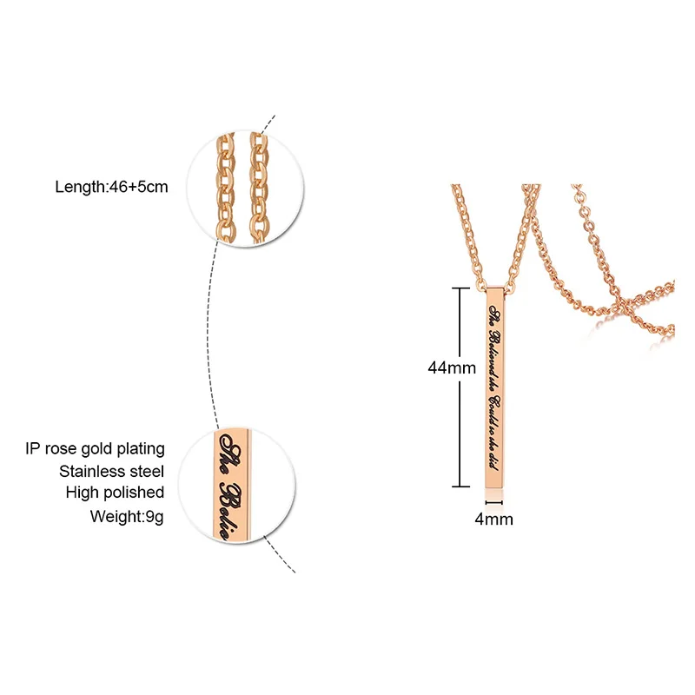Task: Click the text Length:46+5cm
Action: pos(110,186)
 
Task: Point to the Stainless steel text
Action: pos(112,471)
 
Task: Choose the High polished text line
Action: pos(115,493)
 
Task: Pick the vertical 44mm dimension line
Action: pos(458,387)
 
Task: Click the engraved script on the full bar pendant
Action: pos(495,382)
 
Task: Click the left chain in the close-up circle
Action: pos(222,185)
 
